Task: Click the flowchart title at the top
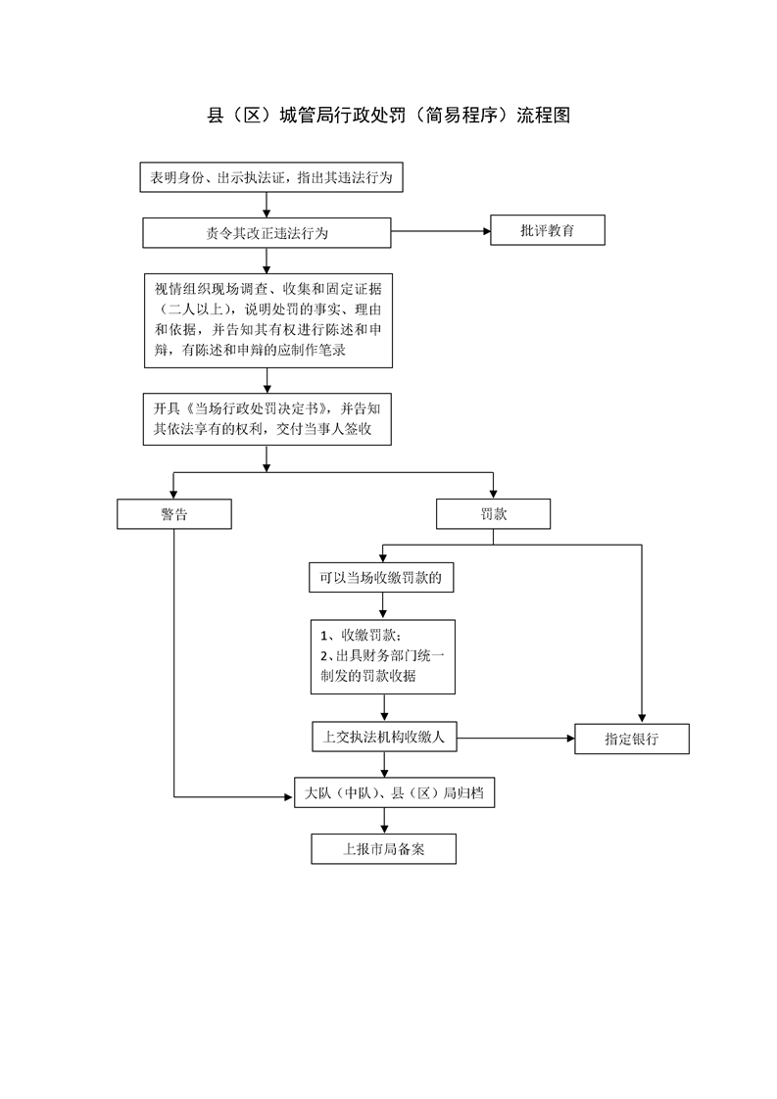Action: pos(388,115)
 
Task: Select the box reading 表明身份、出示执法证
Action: pos(271,177)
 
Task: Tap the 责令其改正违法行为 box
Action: pos(267,233)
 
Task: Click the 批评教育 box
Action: pos(547,230)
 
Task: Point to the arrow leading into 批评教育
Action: pos(440,230)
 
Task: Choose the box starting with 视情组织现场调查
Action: pos(267,320)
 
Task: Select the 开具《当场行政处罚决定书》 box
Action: pos(267,419)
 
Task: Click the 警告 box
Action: pos(173,514)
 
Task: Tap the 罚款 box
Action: pos(493,514)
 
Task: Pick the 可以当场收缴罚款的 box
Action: pos(381,578)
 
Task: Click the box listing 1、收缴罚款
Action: pos(383,656)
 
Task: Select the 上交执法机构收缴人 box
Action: pos(384,737)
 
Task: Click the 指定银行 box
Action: pos(632,739)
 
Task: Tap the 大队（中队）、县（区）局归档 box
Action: pos(394,792)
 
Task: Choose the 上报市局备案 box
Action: pos(383,849)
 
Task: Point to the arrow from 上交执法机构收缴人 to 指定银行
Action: pos(515,738)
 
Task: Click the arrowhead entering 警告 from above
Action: pos(173,495)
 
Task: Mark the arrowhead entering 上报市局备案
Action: pos(383,830)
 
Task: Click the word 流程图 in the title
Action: pos(544,115)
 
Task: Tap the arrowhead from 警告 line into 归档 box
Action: pos(289,797)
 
